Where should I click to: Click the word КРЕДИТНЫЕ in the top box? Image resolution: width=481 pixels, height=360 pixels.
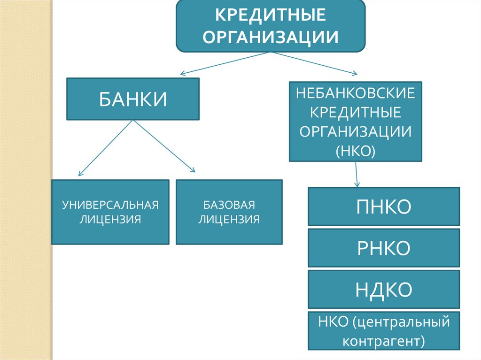click(270, 15)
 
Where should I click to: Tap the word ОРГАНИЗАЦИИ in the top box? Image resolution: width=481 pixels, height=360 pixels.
click(270, 37)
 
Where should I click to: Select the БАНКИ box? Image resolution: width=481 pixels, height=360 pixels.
click(132, 99)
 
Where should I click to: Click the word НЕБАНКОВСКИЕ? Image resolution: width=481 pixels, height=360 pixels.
click(355, 93)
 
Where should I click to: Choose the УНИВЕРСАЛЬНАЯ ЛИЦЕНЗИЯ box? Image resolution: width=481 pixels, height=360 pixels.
click(110, 212)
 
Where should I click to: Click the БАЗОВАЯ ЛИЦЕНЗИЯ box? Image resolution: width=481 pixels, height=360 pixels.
click(229, 212)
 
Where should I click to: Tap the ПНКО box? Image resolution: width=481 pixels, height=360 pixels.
click(383, 206)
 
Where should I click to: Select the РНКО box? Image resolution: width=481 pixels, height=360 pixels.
click(383, 247)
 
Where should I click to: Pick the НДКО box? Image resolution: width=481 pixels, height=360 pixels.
click(383, 289)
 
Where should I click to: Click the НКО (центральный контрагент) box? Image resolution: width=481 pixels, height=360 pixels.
click(383, 331)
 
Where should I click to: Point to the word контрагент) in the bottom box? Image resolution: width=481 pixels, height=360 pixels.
click(383, 340)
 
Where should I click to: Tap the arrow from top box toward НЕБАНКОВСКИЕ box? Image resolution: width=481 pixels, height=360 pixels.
click(315, 63)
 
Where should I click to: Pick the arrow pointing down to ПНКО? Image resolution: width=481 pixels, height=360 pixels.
click(357, 174)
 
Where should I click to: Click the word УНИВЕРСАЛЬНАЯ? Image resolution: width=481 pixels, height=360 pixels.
click(110, 205)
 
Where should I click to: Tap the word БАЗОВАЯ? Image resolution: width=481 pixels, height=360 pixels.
click(229, 205)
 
